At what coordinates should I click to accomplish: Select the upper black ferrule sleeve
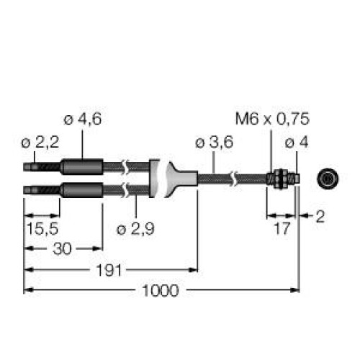(x=81, y=168)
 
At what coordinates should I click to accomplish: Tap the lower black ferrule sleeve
(x=81, y=191)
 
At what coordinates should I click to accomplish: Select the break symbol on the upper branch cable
(x=126, y=168)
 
